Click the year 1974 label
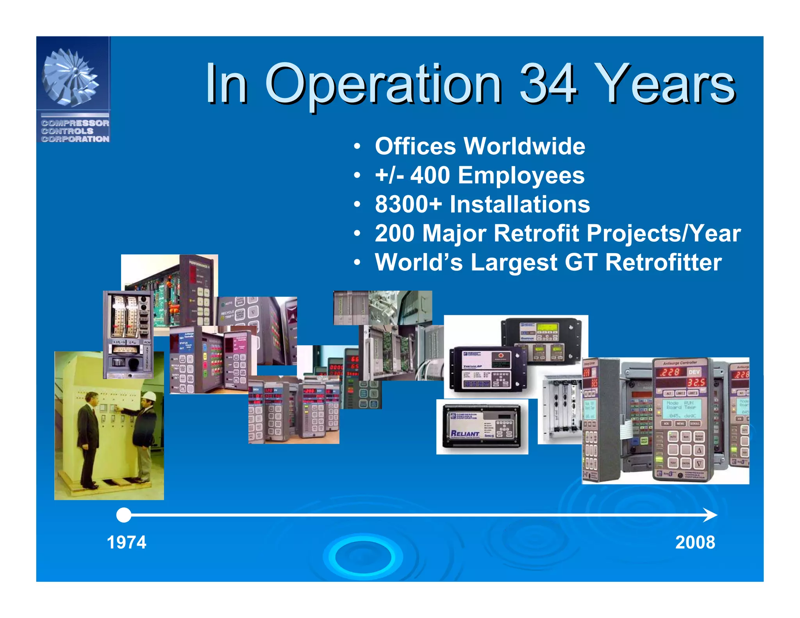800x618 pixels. pos(127,542)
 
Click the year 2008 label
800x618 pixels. pos(695,542)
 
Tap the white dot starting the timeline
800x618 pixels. pos(124,515)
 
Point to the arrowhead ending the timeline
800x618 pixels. pos(711,515)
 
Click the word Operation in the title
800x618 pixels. pos(383,84)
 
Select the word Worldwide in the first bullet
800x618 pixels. pos(524,146)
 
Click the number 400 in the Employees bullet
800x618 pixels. pos(430,175)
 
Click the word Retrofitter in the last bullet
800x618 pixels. pos(663,262)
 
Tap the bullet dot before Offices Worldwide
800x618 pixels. pos(357,147)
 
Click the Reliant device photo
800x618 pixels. pos(482,427)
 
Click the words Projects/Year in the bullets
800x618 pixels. pos(663,233)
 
